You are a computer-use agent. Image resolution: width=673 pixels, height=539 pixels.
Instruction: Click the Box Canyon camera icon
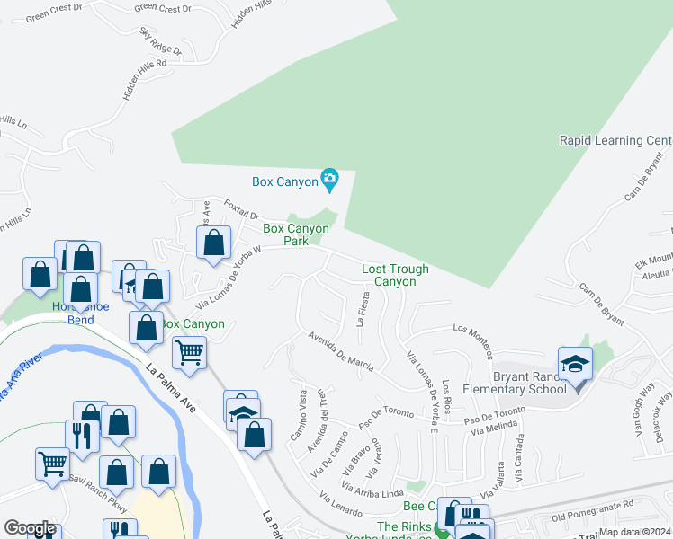tap(330, 181)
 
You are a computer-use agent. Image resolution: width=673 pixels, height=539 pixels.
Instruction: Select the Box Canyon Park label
tap(296, 234)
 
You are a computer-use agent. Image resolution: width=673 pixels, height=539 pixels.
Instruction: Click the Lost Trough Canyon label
tap(395, 275)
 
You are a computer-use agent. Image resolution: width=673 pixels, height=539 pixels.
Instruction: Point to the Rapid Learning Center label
tap(615, 140)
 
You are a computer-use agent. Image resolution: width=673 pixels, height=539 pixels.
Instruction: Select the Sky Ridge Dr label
tap(160, 41)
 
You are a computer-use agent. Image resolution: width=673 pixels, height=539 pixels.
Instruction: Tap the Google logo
tap(30, 528)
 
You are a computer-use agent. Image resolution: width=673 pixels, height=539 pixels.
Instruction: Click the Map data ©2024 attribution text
tap(634, 532)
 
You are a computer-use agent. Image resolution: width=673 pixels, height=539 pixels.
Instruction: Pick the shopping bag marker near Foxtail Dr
tap(213, 243)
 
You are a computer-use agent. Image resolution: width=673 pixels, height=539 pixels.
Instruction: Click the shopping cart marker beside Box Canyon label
tap(189, 352)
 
